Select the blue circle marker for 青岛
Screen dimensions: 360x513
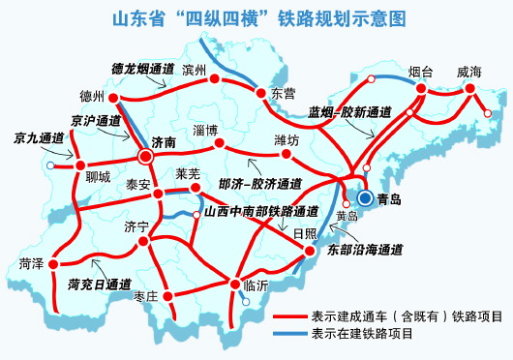(x=365, y=198)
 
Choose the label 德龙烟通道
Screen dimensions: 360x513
(x=144, y=70)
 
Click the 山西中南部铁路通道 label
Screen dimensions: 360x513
(x=261, y=211)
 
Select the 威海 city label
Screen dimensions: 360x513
(x=468, y=71)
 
